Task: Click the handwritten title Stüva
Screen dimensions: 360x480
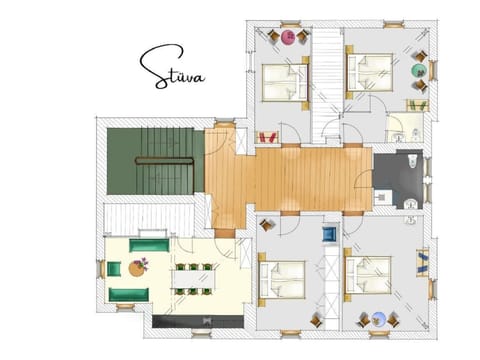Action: pos(171,68)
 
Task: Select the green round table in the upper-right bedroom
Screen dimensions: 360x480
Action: pos(421,70)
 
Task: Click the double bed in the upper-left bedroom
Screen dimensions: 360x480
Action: pos(285,82)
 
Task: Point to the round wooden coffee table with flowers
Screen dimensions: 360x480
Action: pos(137,268)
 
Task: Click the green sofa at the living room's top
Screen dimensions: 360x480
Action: pos(148,245)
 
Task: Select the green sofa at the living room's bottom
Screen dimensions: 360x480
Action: pos(129,294)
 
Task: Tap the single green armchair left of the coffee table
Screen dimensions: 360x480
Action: pos(113,268)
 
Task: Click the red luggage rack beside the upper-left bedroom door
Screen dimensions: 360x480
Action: pos(267,136)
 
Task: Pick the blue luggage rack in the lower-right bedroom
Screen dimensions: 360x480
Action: pos(422,262)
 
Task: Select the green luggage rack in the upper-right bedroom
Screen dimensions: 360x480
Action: pos(417,105)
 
